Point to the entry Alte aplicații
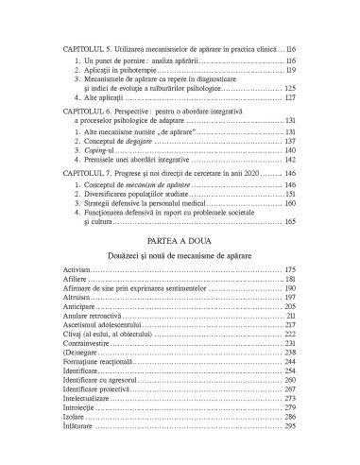click(105, 98)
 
